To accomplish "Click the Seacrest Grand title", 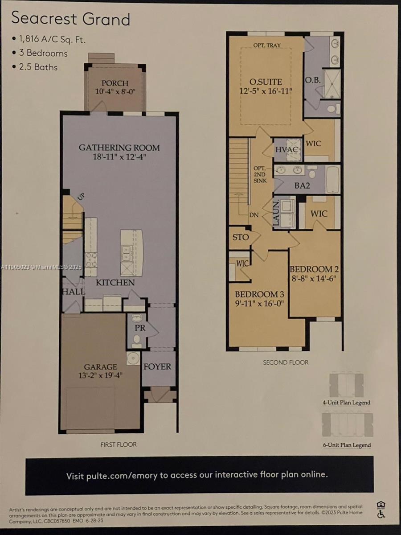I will click(70, 19).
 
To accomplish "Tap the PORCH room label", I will click(115, 83).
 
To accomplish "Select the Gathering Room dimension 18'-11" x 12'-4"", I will click(119, 157).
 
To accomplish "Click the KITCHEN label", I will click(115, 283).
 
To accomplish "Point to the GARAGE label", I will click(101, 367).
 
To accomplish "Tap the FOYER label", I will click(157, 366).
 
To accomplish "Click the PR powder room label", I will click(139, 328).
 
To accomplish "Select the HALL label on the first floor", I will click(73, 292).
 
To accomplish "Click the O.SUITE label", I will click(266, 82).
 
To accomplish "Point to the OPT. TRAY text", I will click(267, 45).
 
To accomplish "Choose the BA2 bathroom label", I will click(302, 185).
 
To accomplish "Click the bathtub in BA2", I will click(332, 180).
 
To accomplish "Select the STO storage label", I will click(240, 237).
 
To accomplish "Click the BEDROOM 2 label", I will click(314, 269).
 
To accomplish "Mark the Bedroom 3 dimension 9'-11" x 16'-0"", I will click(259, 303).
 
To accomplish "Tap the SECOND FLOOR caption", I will click(286, 362).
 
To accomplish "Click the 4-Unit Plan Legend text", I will click(346, 403).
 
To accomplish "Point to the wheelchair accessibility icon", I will click(381, 514).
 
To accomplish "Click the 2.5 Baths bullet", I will click(38, 67).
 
